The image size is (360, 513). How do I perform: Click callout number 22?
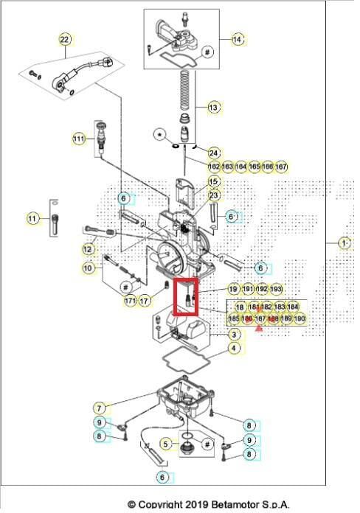[x=64, y=39]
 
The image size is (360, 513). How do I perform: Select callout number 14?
[x=237, y=39]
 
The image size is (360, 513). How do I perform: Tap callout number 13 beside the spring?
[x=213, y=108]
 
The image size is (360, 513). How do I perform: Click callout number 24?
[x=213, y=153]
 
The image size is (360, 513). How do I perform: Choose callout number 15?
[x=213, y=181]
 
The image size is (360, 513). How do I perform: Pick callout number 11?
[x=32, y=218]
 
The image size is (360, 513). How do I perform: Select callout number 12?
[x=89, y=249]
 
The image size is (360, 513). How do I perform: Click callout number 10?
[x=89, y=268]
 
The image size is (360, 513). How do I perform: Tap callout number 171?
[x=130, y=301]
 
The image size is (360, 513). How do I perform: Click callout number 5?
[x=167, y=444]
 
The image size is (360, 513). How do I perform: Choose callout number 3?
[x=233, y=335]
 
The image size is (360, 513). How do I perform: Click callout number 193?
[x=277, y=290]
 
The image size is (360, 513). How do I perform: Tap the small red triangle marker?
[x=258, y=328]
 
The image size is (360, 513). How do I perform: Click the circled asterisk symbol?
[x=158, y=134]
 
